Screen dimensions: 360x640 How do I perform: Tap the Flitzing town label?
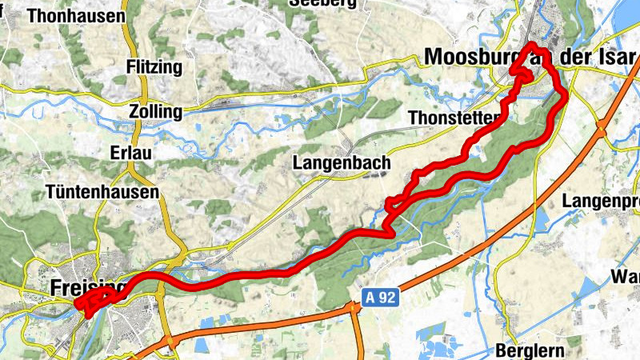click(154, 67)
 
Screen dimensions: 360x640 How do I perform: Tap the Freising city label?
click(89, 286)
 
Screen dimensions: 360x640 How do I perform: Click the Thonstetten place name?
click(454, 118)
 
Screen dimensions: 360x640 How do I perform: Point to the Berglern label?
click(530, 350)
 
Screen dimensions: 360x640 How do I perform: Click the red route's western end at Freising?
click(78, 303)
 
